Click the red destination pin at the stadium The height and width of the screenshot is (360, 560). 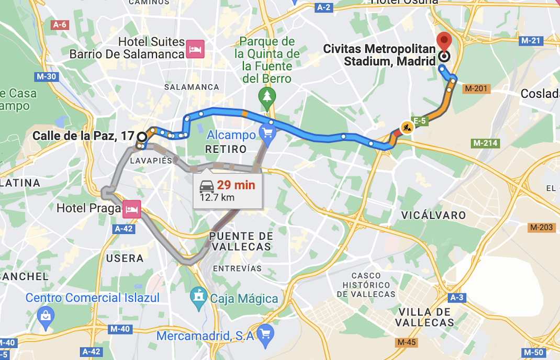pos(444,41)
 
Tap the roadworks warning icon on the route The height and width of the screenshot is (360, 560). pos(406,127)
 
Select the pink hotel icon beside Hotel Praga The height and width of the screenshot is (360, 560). pos(130,209)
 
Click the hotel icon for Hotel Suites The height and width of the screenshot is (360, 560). pos(196,49)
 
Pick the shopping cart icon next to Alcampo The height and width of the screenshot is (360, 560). pos(268,135)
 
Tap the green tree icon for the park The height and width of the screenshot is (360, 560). pos(267,96)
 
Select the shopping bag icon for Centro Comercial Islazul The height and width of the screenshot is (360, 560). pos(46,315)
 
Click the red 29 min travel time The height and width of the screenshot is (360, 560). pos(236,185)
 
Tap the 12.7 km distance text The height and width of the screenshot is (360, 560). pos(217,197)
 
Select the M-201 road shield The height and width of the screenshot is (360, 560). pos(476,88)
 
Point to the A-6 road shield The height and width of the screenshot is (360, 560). pos(60,25)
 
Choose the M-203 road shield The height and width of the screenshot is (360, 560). pos(541,227)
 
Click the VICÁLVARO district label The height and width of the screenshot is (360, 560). pos(433,215)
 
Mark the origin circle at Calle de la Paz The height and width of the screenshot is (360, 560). pos(142,137)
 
